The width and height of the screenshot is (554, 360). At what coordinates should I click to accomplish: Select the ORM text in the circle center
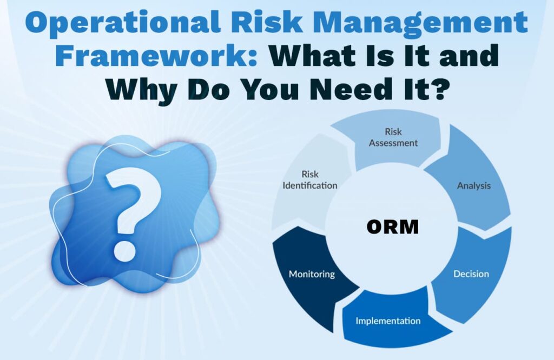pyautogui.click(x=393, y=226)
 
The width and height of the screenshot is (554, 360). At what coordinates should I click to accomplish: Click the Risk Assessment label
pyautogui.click(x=393, y=137)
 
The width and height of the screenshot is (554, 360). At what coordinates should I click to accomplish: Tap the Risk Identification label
pyautogui.click(x=310, y=180)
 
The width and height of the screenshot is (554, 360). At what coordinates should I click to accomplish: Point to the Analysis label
pyautogui.click(x=474, y=185)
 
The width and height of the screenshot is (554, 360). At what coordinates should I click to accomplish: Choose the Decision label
pyautogui.click(x=471, y=274)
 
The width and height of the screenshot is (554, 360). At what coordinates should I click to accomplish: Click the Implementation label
pyautogui.click(x=388, y=321)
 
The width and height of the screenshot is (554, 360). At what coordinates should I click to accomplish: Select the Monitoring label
pyautogui.click(x=312, y=274)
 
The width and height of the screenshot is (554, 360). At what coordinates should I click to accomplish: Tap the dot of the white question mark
pyautogui.click(x=124, y=250)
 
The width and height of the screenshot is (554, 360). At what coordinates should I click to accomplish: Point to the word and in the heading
pyautogui.click(x=469, y=55)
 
